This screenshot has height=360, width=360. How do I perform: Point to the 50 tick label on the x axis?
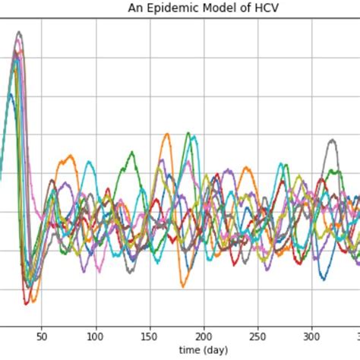point(43,335)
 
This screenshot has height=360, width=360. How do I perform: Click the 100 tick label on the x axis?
point(96,335)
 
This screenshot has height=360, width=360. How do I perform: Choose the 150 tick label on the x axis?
point(150,335)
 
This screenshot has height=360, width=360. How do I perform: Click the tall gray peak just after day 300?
point(331,141)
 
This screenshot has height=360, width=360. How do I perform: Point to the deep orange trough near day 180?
point(183,286)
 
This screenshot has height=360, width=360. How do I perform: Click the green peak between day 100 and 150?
point(131,153)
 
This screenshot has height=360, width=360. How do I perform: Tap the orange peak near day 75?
point(70,156)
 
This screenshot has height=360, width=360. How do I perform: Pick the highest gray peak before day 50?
point(19,32)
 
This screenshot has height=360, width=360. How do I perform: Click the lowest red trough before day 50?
point(27,303)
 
